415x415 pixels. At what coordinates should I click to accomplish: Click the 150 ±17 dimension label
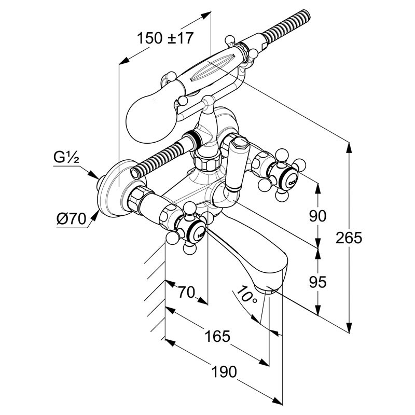(x=165, y=38)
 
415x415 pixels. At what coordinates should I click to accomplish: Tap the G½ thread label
(x=66, y=157)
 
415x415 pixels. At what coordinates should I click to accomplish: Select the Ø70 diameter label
(x=72, y=219)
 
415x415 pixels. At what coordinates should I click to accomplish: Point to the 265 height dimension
(x=349, y=238)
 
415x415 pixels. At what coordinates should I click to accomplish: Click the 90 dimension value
(x=317, y=216)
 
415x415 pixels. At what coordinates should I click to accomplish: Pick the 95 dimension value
(x=317, y=282)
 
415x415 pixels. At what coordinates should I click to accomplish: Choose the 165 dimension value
(x=217, y=336)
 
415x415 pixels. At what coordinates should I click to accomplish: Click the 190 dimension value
(x=224, y=371)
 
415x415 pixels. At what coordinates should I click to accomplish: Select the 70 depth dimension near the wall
(x=186, y=292)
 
